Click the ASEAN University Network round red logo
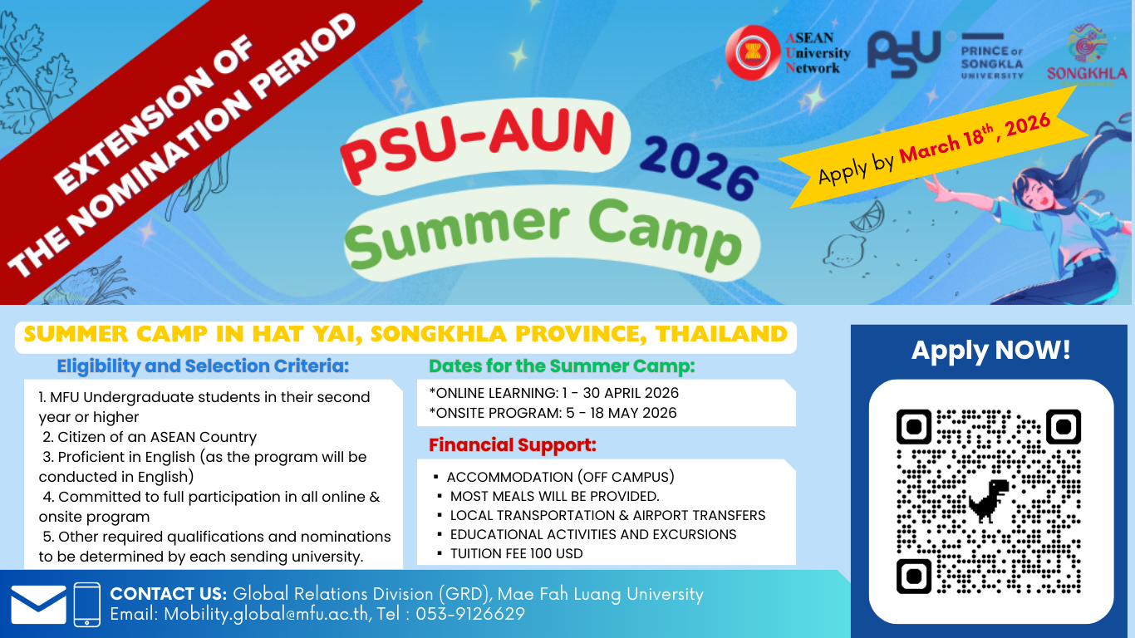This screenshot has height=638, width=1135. (x=753, y=52)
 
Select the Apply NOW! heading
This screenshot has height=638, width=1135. (x=990, y=350)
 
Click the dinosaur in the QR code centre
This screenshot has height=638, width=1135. (x=989, y=501)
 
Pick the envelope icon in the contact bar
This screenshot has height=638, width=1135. (x=38, y=605)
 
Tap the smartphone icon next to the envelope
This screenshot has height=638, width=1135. (x=86, y=605)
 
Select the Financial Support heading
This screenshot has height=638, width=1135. (x=512, y=445)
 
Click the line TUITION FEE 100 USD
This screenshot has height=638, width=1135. (x=516, y=553)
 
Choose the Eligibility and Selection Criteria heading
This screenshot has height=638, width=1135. (x=203, y=366)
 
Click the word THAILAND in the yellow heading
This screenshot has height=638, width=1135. (x=721, y=334)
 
